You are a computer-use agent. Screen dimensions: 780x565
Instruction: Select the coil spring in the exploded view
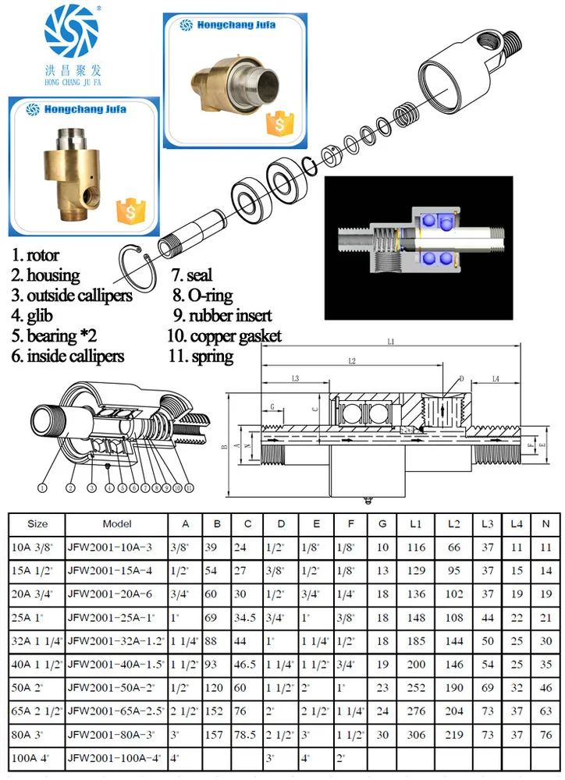(403, 115)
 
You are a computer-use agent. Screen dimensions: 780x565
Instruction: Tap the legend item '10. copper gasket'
(224, 336)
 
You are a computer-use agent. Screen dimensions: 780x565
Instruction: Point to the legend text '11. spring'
(200, 356)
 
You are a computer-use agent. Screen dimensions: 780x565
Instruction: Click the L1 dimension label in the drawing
(390, 343)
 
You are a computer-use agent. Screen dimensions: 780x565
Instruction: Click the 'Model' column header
(117, 524)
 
